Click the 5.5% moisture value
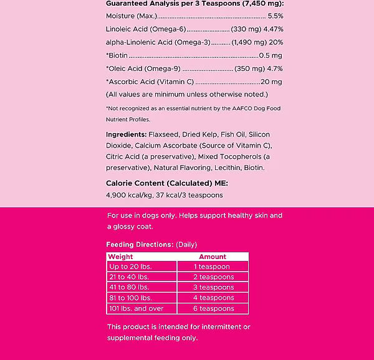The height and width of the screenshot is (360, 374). click(x=275, y=16)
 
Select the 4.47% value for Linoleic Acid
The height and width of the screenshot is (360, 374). click(x=272, y=29)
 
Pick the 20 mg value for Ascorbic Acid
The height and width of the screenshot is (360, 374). click(x=272, y=81)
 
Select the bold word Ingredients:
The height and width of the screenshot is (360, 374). click(x=127, y=134)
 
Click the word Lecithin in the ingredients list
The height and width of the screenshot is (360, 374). click(x=228, y=168)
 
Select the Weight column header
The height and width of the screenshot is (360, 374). click(x=120, y=257)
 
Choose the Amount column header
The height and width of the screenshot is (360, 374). click(x=213, y=257)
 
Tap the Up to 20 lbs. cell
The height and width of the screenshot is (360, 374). click(x=130, y=267)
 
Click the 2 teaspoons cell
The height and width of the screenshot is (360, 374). click(x=213, y=277)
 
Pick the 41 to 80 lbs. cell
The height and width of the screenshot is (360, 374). click(x=128, y=288)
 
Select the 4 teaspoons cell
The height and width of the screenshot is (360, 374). click(x=213, y=298)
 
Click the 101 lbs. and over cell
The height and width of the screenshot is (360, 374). click(x=135, y=308)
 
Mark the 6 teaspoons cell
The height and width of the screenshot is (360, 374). click(x=213, y=308)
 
